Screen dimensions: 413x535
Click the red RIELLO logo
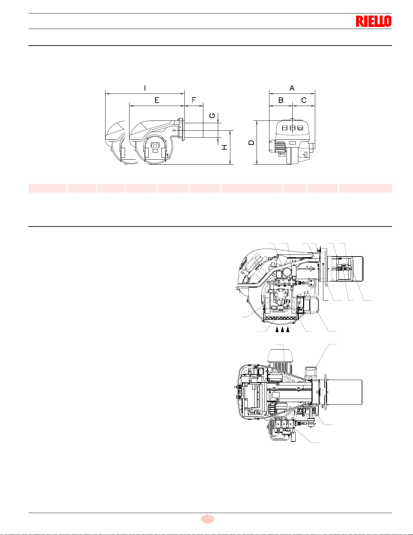click(374, 21)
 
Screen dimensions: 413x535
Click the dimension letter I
click(145, 88)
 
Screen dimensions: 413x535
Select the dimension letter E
click(157, 100)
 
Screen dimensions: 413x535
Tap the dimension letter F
click(194, 100)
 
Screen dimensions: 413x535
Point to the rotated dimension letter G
click(212, 115)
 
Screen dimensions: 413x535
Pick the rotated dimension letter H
click(225, 147)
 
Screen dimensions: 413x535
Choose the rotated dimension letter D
click(251, 142)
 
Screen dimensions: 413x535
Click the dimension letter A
click(292, 88)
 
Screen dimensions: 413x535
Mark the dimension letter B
click(281, 100)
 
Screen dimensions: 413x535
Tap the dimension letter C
click(304, 100)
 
